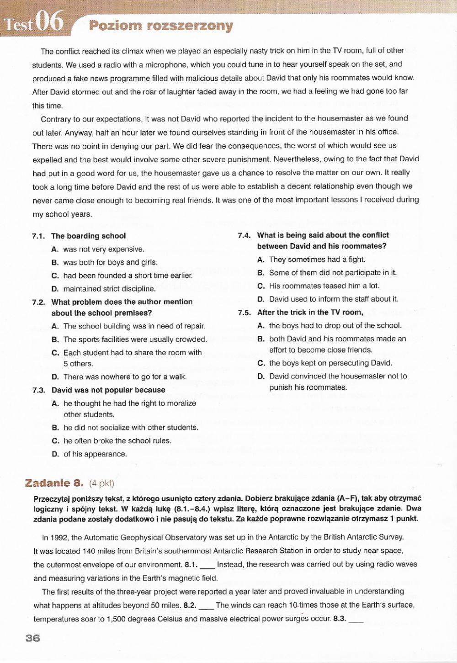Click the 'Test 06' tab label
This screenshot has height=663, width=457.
[x=33, y=22]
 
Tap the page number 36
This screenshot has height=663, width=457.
[x=33, y=638]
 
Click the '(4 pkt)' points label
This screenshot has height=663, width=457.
[x=101, y=483]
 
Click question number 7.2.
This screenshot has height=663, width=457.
[x=39, y=302]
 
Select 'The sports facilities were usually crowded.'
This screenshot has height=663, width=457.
[x=135, y=339]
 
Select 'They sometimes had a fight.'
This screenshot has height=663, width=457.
[x=317, y=260]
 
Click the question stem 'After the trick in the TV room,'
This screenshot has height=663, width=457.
[x=310, y=313]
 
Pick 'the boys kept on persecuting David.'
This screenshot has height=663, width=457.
[x=330, y=363]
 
